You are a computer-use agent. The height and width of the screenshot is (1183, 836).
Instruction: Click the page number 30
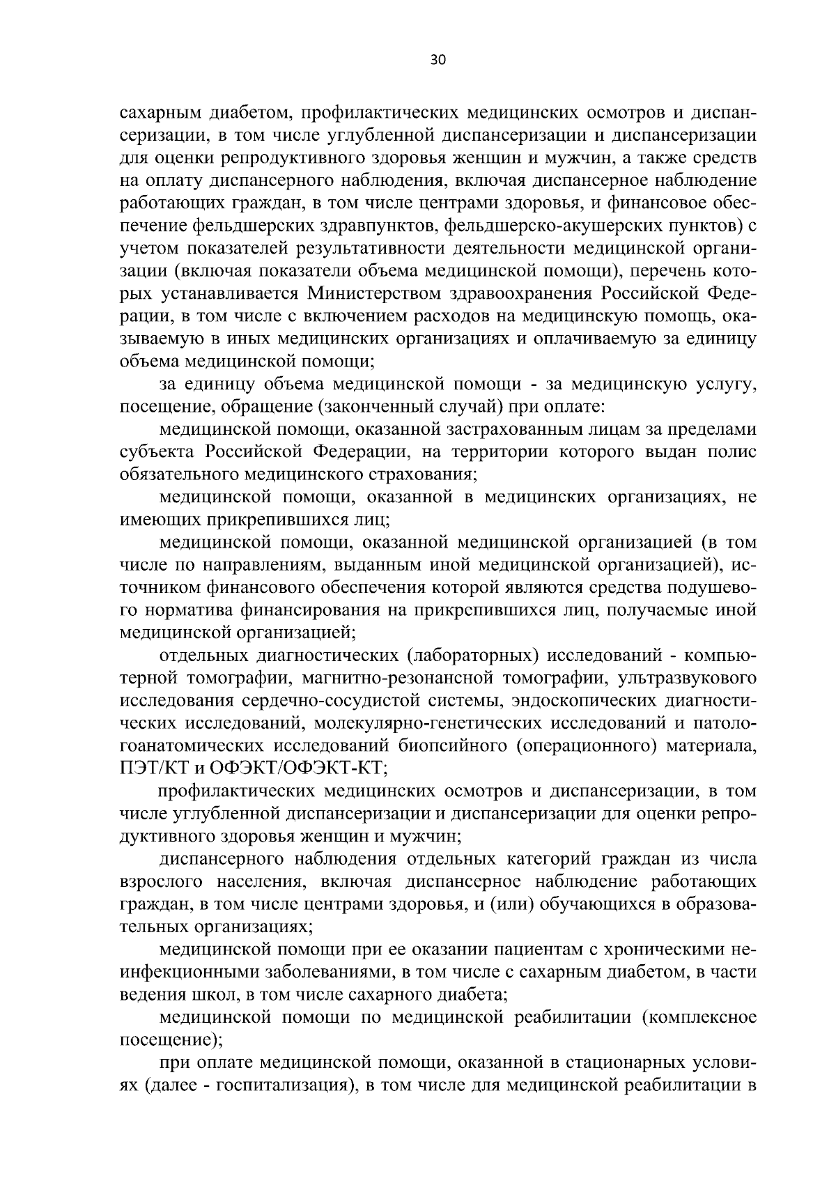[x=438, y=60]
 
